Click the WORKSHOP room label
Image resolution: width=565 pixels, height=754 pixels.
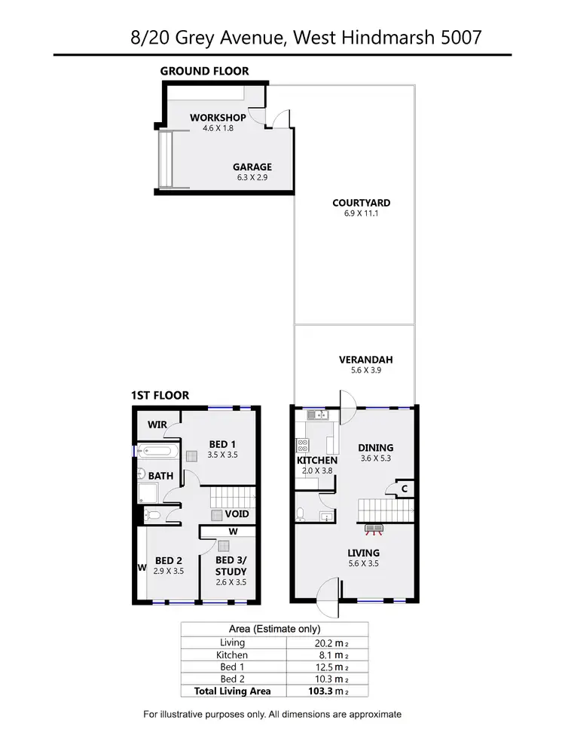pos(218,118)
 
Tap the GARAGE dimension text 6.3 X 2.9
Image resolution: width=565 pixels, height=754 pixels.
pos(252,178)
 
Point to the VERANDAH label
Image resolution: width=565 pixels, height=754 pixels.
pos(366,360)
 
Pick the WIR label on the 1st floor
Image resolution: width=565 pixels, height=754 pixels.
pos(157,425)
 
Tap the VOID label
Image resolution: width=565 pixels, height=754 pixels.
pos(236,514)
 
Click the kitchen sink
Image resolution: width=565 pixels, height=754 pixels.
pos(316,414)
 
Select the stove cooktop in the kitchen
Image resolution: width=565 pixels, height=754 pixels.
pos(303,445)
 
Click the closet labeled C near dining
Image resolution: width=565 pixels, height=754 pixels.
pos(405,489)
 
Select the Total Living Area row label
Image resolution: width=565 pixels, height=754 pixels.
pos(232,691)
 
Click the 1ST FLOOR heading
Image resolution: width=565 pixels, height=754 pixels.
pos(160,395)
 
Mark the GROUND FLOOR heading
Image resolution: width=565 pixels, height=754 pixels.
pos(204,72)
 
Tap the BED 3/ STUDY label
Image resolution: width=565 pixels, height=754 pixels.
pos(231,566)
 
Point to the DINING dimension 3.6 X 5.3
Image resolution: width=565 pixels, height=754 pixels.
pos(376,458)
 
